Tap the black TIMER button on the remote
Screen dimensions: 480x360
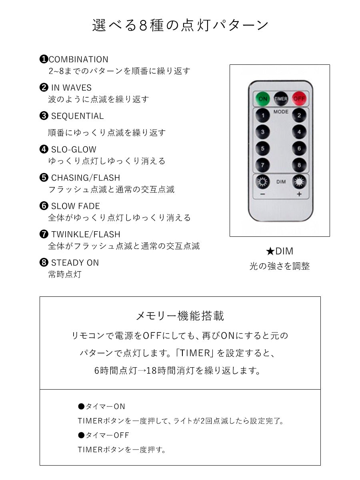(x=281, y=98)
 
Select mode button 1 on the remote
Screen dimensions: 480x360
(x=263, y=116)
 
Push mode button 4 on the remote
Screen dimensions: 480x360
(x=298, y=132)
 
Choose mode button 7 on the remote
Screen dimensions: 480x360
(x=263, y=164)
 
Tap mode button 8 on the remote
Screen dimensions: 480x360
(x=298, y=164)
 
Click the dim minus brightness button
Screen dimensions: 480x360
(x=262, y=182)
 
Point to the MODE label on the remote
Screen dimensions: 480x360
(x=281, y=112)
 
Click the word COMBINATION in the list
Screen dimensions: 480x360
(x=78, y=60)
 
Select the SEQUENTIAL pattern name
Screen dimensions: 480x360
(x=77, y=116)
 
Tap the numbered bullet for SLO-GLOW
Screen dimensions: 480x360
(x=44, y=150)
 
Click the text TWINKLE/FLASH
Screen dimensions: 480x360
(x=86, y=234)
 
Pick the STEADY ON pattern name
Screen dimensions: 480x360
(x=75, y=263)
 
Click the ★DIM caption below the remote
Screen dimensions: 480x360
(x=280, y=251)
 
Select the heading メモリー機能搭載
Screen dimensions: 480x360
(x=180, y=316)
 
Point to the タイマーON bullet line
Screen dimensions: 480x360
(x=102, y=406)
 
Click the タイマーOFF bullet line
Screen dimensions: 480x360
(x=104, y=435)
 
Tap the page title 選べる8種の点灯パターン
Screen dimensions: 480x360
(x=180, y=25)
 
